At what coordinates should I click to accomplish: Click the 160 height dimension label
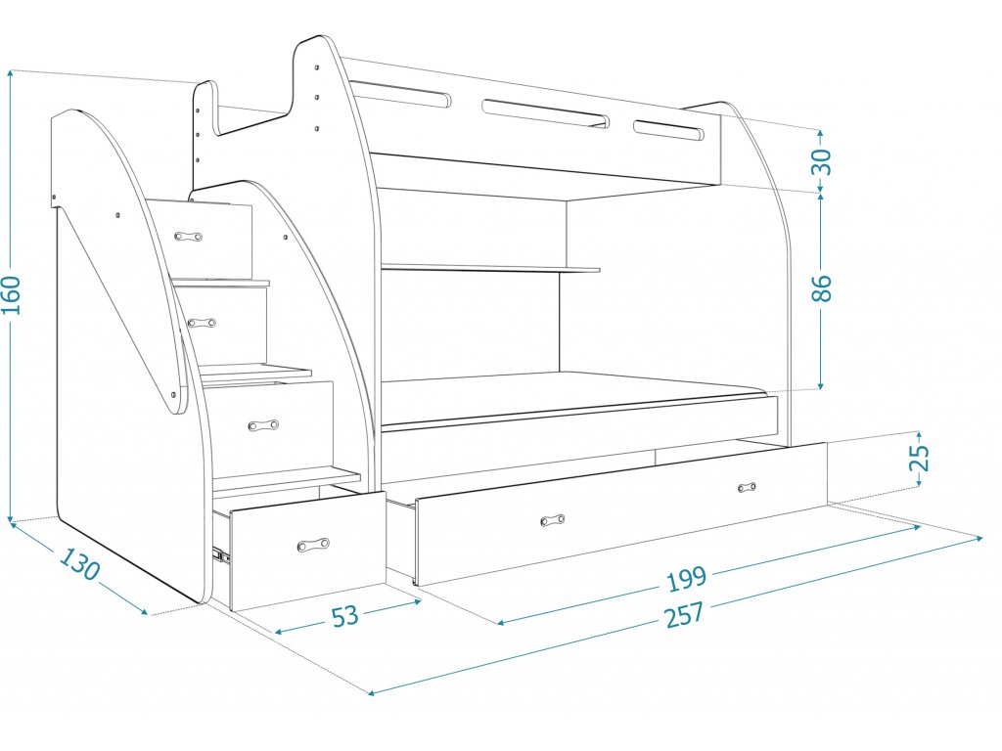12,294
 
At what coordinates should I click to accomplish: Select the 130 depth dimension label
79,564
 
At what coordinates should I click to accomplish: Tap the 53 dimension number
344,616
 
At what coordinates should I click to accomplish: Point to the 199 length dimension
686,579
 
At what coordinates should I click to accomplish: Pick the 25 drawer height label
919,458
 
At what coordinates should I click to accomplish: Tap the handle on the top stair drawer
188,237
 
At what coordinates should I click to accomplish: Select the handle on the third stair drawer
263,425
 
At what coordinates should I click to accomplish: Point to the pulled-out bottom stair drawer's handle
313,545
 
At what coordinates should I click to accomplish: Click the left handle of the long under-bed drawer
553,520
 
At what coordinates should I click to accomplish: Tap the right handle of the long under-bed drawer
749,486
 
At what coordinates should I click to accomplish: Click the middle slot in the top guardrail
544,112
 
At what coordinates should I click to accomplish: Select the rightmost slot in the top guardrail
669,131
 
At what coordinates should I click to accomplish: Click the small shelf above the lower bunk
489,268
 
